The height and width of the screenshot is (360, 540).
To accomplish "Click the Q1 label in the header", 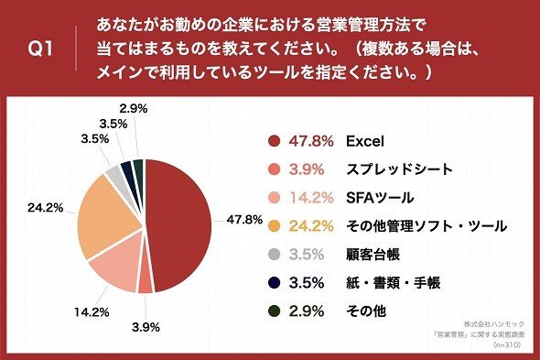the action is [x=40, y=49].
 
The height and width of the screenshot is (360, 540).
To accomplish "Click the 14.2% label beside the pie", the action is [x=92, y=312].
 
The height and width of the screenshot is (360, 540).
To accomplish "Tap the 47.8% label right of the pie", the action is [x=244, y=220].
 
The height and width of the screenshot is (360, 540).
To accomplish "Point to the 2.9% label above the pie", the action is [x=134, y=109].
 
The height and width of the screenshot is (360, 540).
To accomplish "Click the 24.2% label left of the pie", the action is [x=45, y=208].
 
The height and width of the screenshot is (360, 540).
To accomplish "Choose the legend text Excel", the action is [x=364, y=141].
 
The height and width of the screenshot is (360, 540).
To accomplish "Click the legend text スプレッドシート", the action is [x=399, y=169].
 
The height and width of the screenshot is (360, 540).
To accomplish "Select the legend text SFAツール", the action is [x=380, y=198].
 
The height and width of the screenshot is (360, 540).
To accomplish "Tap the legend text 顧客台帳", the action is [x=373, y=255].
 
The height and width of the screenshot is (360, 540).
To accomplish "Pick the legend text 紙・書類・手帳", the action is [x=393, y=283].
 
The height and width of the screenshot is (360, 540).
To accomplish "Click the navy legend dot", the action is [x=275, y=283].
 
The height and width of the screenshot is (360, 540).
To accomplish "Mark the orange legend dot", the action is [x=275, y=226].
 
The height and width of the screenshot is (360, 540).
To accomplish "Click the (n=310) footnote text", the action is [x=507, y=344].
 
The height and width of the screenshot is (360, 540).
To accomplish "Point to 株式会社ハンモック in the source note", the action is [x=494, y=324].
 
